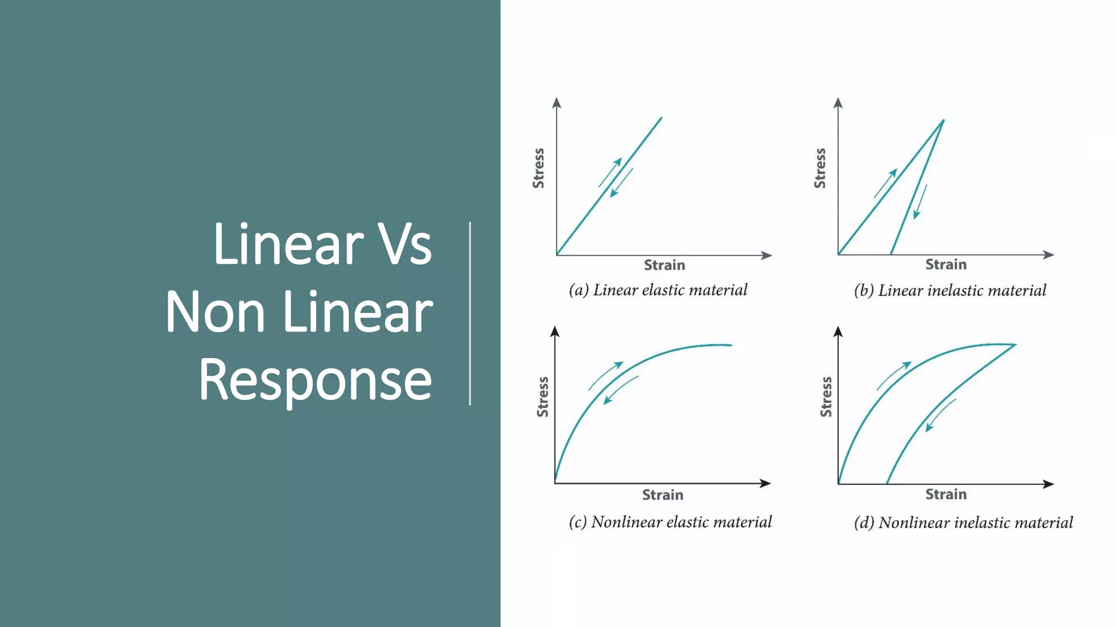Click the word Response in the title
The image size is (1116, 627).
pyautogui.click(x=315, y=381)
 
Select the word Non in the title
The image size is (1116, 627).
pyautogui.click(x=215, y=312)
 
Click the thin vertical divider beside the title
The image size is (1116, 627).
pyautogui.click(x=470, y=313)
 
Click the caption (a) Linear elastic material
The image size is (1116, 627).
pyautogui.click(x=658, y=290)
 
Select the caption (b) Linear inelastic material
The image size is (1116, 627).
pyautogui.click(x=950, y=291)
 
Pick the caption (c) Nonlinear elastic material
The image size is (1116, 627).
pyautogui.click(x=670, y=522)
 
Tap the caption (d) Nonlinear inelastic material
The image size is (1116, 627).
pyautogui.click(x=963, y=523)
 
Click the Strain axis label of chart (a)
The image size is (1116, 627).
pyautogui.click(x=664, y=266)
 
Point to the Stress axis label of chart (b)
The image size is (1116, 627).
pyautogui.click(x=820, y=168)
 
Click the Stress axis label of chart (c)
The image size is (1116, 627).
pyautogui.click(x=543, y=397)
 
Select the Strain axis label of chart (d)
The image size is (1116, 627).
pyautogui.click(x=946, y=495)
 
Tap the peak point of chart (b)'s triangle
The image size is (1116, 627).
pyautogui.click(x=943, y=121)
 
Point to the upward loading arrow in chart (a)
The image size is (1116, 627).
pyautogui.click(x=610, y=172)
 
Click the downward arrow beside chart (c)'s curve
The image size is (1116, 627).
pyautogui.click(x=620, y=390)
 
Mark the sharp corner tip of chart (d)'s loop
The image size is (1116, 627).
pyautogui.click(x=1015, y=345)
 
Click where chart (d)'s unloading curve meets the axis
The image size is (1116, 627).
pyautogui.click(x=887, y=483)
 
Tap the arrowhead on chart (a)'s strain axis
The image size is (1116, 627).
pyautogui.click(x=767, y=255)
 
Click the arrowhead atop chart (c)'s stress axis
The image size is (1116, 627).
pyautogui.click(x=555, y=331)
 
